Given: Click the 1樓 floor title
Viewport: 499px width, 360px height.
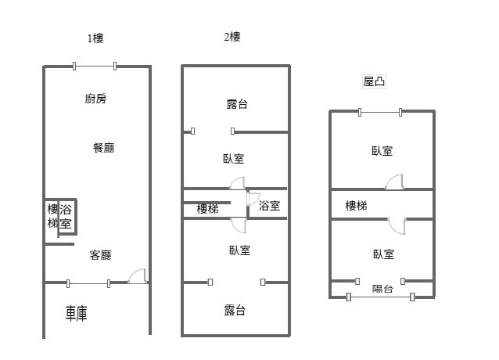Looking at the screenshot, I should point(95,38).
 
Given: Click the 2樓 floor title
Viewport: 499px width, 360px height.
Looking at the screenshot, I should point(232,37).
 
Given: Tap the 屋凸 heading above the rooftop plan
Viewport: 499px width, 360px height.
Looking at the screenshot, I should point(374,81).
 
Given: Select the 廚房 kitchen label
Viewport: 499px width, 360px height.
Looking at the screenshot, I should point(96,99).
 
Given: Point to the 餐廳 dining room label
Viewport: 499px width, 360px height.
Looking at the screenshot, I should point(103,147).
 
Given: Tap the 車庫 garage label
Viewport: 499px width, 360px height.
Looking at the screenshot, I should point(77,314).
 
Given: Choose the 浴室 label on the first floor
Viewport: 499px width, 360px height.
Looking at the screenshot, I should point(66,217).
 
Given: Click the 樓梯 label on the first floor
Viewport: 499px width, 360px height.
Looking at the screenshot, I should point(52,216).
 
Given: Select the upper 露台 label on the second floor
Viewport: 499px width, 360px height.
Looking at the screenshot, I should point(237,104).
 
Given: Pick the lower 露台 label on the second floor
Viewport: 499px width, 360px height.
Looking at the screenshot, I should point(235,311).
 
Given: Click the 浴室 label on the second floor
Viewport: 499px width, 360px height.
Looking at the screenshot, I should point(269,207).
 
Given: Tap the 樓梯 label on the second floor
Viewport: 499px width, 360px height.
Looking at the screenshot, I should point(207,209).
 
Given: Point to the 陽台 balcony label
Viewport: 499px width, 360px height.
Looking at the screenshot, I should point(382,289).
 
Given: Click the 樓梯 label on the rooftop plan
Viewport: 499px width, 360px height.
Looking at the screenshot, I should point(357,206).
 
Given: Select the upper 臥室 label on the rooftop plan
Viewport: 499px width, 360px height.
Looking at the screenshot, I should point(382,151).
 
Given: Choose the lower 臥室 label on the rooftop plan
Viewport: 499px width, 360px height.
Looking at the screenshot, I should point(383,254).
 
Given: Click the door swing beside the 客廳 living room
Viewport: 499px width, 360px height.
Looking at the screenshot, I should point(138,275).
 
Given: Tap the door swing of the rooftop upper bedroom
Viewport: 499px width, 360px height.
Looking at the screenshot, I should point(394,182).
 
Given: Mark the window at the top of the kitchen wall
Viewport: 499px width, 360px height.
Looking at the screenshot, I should point(95,67).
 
